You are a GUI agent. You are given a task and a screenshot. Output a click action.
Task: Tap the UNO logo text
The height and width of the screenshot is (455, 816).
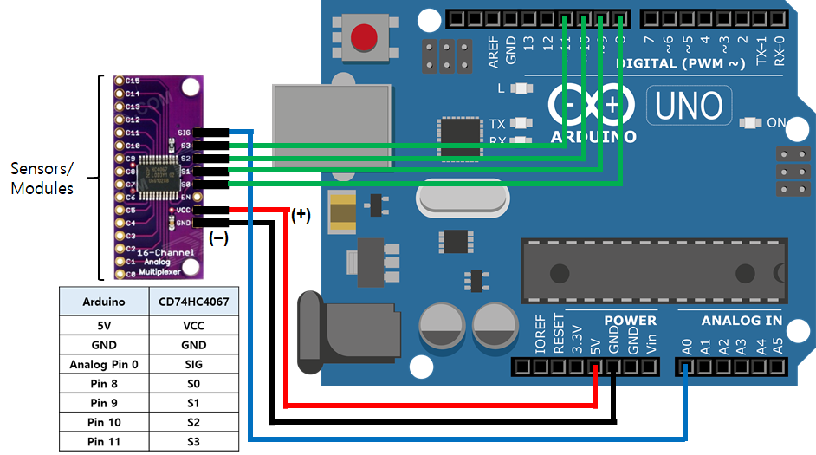pyautogui.click(x=689, y=106)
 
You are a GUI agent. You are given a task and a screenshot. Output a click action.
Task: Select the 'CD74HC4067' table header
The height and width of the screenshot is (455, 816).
pyautogui.click(x=193, y=302)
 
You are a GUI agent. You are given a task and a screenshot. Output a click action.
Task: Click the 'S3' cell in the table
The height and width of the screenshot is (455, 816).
pyautogui.click(x=193, y=441)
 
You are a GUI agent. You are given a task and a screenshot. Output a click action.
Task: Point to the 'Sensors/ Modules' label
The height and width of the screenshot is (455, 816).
pyautogui.click(x=42, y=177)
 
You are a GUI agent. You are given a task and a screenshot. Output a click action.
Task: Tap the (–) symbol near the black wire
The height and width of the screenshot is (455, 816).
pyautogui.click(x=218, y=239)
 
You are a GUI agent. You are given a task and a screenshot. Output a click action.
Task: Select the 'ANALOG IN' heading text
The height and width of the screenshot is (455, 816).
pyautogui.click(x=742, y=321)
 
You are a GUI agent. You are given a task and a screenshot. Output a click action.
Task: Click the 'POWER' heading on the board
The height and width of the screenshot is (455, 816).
pyautogui.click(x=630, y=321)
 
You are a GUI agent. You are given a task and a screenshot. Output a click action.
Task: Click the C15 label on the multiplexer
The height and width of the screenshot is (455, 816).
pyautogui.click(x=133, y=81)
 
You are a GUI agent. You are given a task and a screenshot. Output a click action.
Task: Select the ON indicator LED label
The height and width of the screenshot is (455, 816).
pyautogui.click(x=776, y=123)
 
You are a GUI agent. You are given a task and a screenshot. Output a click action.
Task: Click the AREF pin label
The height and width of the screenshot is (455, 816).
pyautogui.click(x=493, y=52)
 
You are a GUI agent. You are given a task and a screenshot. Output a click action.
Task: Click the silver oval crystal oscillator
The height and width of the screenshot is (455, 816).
pyautogui.click(x=460, y=202)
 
